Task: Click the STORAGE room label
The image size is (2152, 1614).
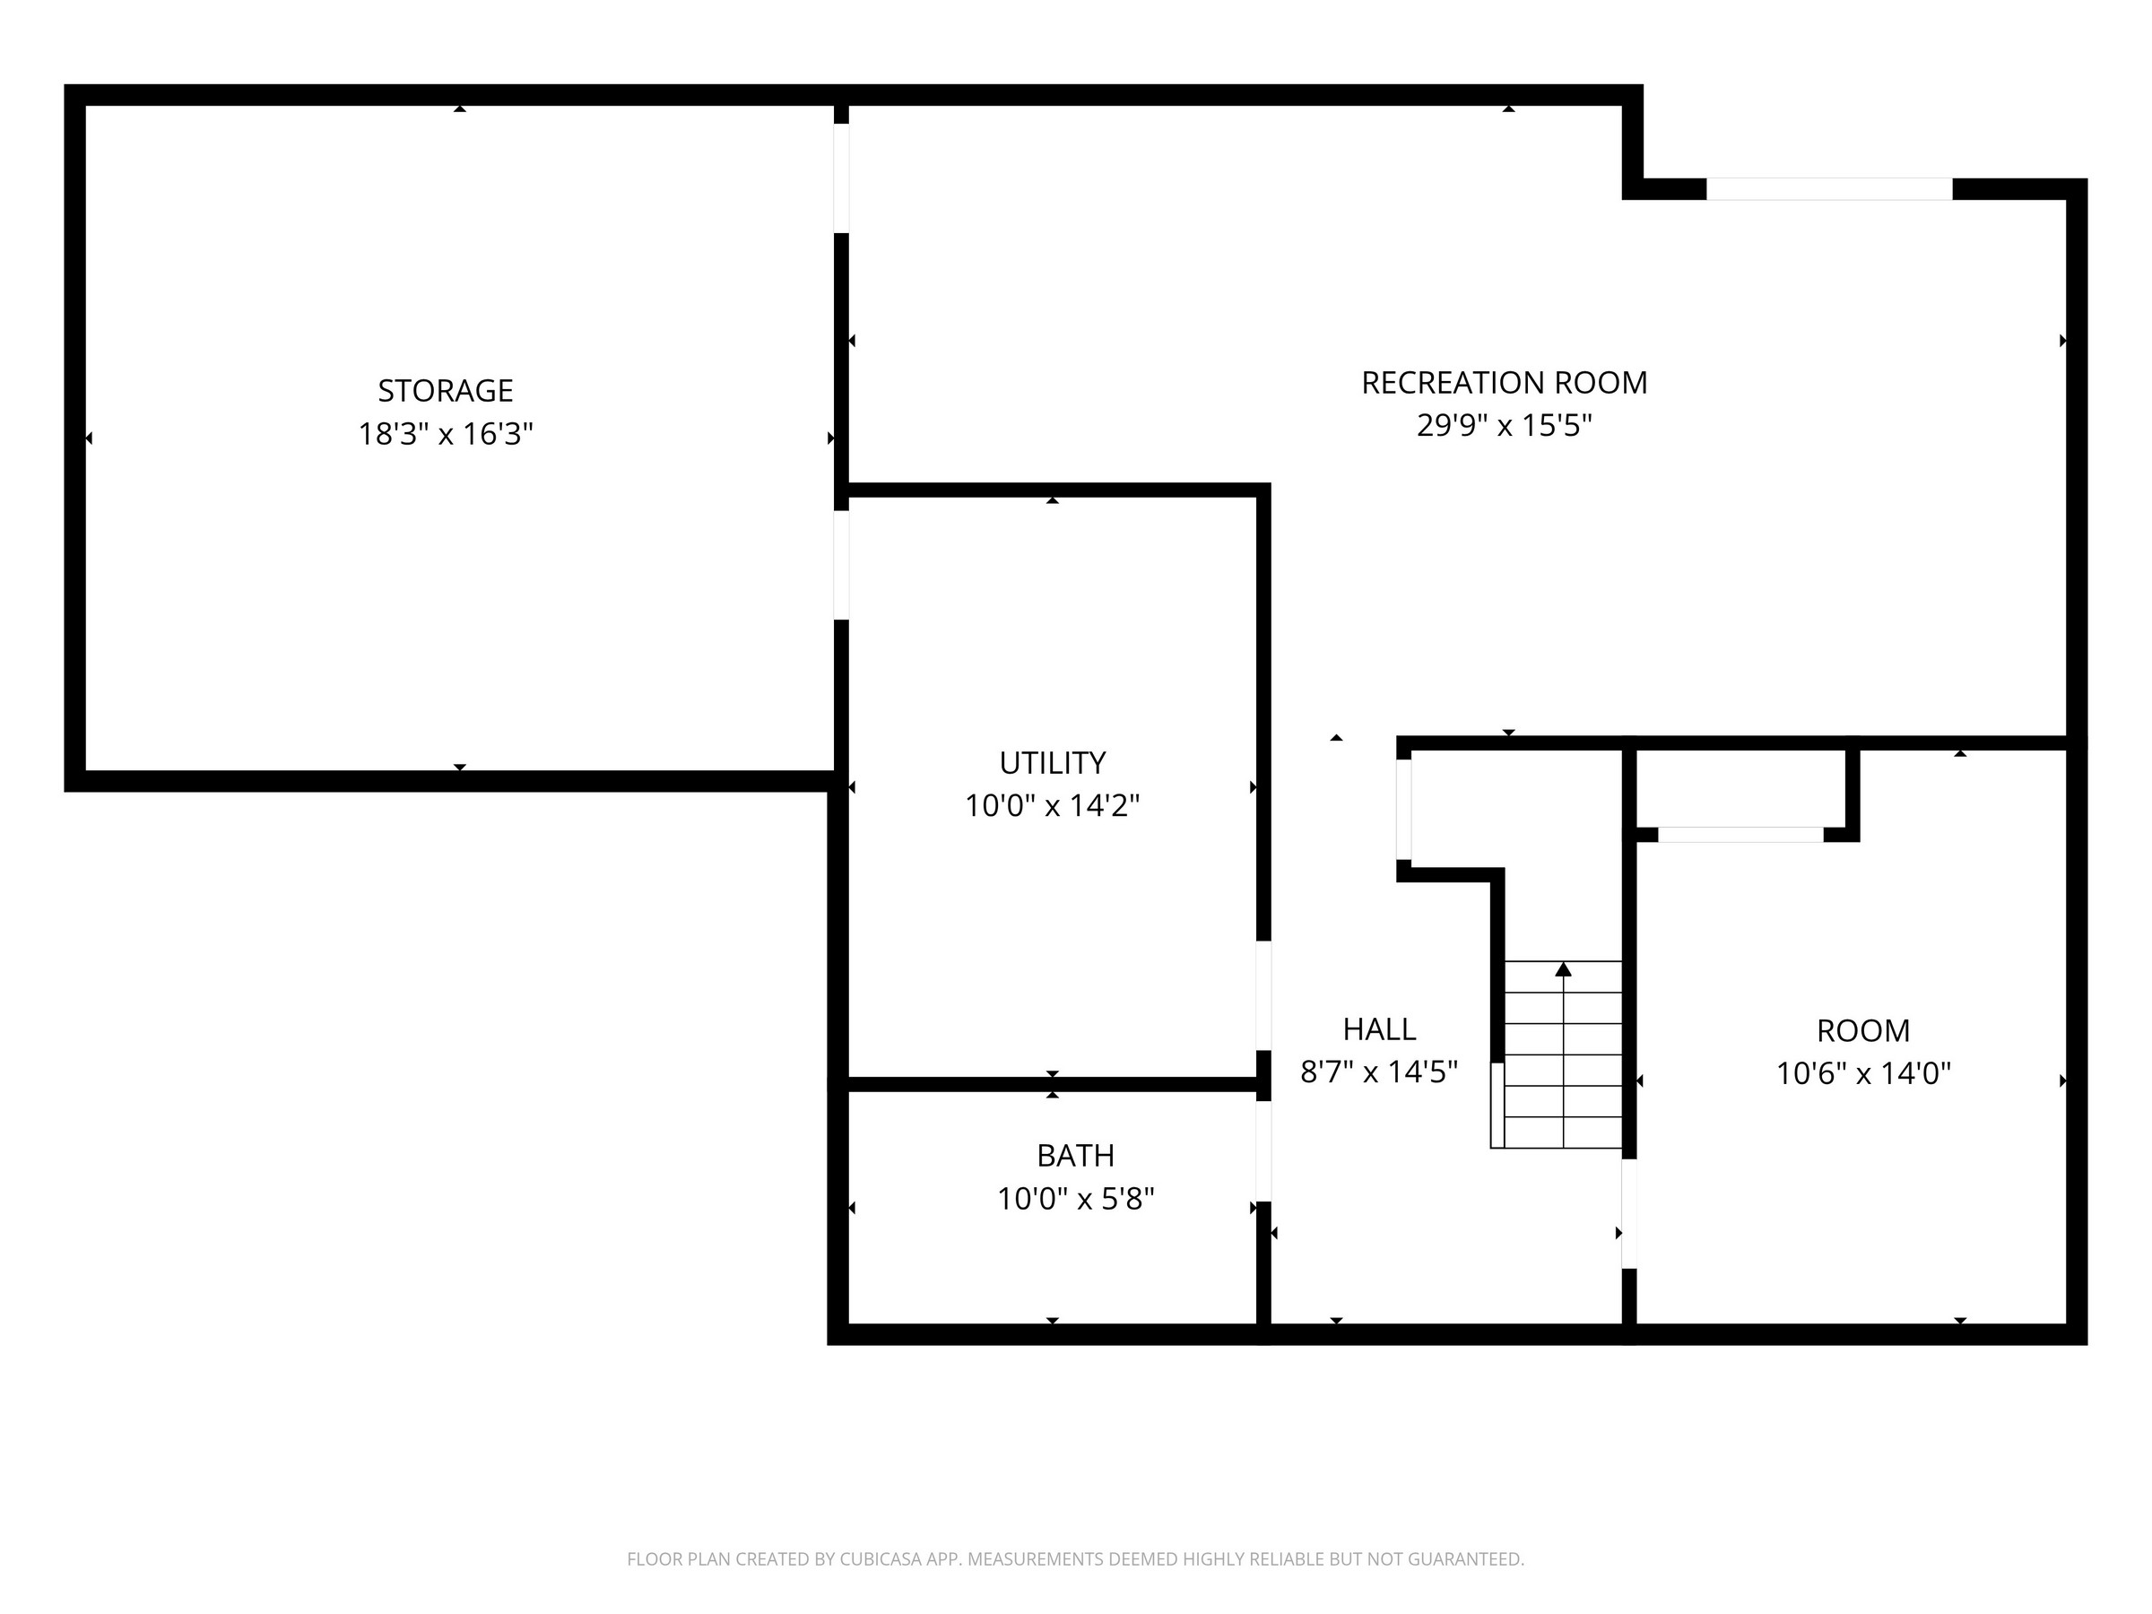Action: pyautogui.click(x=446, y=390)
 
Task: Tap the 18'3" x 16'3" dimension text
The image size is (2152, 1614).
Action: pyautogui.click(x=446, y=433)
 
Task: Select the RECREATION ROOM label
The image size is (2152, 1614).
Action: pyautogui.click(x=1504, y=382)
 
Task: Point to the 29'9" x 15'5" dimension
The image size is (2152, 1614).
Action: pyautogui.click(x=1504, y=425)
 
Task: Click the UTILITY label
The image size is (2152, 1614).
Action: pyautogui.click(x=1053, y=763)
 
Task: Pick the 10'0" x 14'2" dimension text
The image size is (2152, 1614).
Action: pyautogui.click(x=1053, y=805)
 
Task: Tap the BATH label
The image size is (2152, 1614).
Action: pyautogui.click(x=1075, y=1155)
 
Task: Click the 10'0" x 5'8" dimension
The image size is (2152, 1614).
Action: pyautogui.click(x=1075, y=1199)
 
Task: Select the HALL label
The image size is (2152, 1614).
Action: pyautogui.click(x=1380, y=1028)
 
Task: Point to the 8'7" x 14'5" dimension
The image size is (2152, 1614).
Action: pyautogui.click(x=1380, y=1072)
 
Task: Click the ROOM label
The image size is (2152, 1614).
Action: pyautogui.click(x=1863, y=1030)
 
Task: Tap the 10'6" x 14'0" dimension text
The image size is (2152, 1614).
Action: pyautogui.click(x=1863, y=1073)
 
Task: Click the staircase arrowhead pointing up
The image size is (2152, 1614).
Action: pyautogui.click(x=1564, y=969)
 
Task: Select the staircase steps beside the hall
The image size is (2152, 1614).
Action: pyautogui.click(x=1557, y=1054)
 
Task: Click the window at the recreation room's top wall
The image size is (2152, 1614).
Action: pyautogui.click(x=1829, y=188)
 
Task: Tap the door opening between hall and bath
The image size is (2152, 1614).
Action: pyautogui.click(x=1263, y=1151)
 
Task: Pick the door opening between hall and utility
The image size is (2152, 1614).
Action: pyautogui.click(x=1263, y=995)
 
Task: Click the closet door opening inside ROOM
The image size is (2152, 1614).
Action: pyautogui.click(x=1740, y=835)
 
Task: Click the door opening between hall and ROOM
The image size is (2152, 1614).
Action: pyautogui.click(x=1628, y=1214)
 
